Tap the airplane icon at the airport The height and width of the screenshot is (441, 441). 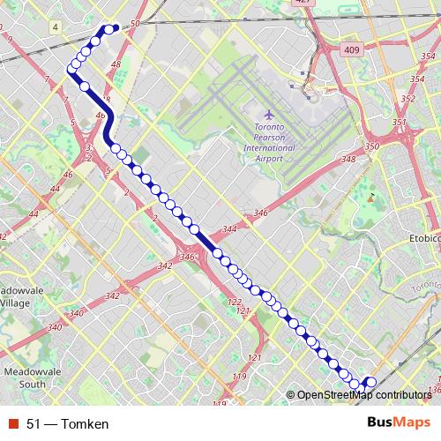269,115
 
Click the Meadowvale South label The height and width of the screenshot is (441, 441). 25,378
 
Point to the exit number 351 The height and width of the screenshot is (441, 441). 400,122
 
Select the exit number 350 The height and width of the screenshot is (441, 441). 371,146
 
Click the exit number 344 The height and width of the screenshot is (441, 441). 229,229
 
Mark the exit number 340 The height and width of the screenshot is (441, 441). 76,313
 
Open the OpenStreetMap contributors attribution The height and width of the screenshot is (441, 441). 363,396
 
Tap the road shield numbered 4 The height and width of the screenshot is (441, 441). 56,27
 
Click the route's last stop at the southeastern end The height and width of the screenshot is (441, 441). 371,382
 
